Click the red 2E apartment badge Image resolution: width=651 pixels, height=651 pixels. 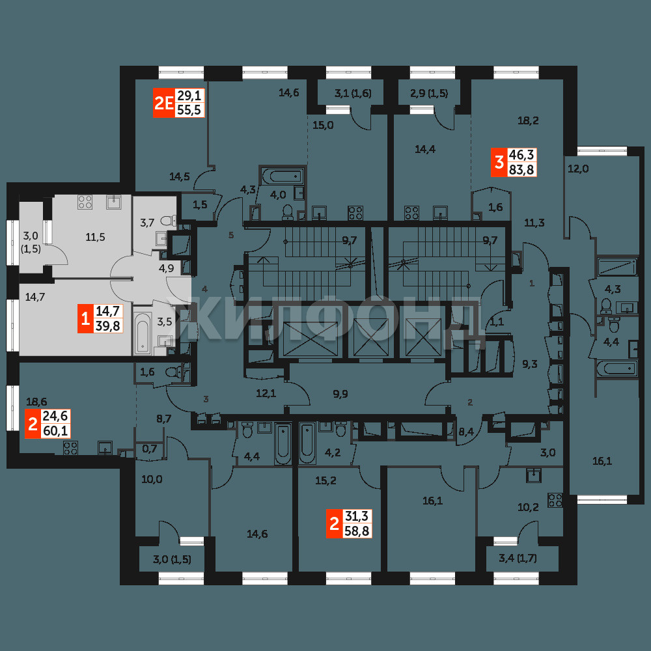164,103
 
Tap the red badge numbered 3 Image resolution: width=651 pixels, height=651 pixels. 499,162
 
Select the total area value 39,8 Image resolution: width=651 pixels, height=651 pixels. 107,326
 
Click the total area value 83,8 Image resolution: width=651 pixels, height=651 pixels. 521,169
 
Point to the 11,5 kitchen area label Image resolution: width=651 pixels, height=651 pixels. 95,237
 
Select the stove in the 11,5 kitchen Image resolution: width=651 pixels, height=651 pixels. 85,202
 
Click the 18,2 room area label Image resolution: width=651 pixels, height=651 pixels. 528,120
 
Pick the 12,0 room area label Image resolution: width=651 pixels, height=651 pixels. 578,169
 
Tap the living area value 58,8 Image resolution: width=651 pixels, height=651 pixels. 357,531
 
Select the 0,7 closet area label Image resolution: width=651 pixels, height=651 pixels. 150,449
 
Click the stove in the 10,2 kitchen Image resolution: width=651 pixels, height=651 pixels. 555,500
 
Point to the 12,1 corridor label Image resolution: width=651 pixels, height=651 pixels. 266,393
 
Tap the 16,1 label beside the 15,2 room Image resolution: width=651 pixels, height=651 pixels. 433,501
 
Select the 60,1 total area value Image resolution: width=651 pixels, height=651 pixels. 55,431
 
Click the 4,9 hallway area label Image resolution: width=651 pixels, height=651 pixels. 166,268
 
